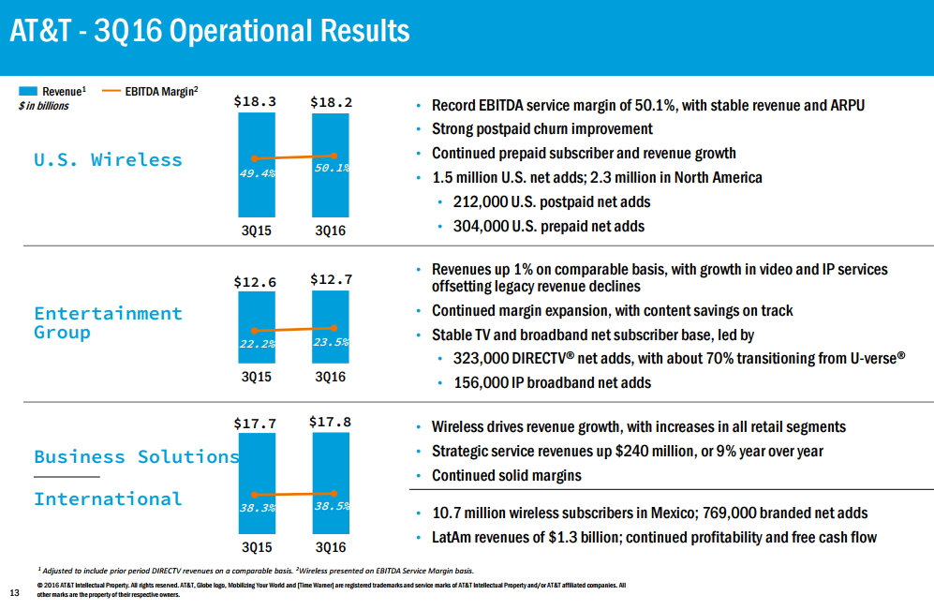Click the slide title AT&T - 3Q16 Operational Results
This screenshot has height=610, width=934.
click(x=210, y=31)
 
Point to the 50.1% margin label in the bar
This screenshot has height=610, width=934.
click(x=330, y=169)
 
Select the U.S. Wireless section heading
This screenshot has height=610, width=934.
click(x=108, y=159)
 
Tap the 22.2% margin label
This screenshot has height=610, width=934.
click(x=256, y=344)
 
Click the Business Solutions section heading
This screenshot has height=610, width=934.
click(x=137, y=456)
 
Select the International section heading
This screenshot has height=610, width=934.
click(x=108, y=498)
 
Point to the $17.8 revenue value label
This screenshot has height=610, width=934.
click(x=330, y=423)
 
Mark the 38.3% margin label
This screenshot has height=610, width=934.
click(x=256, y=508)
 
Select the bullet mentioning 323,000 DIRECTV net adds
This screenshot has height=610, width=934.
click(x=672, y=358)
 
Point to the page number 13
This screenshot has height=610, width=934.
click(x=14, y=592)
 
